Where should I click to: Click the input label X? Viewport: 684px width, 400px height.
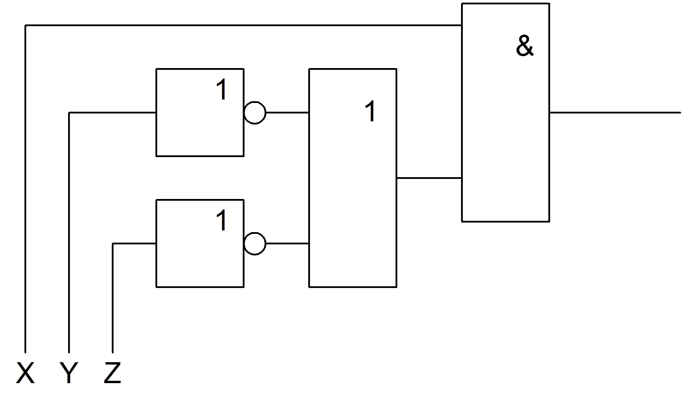(25, 373)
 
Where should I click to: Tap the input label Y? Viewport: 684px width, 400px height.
(69, 373)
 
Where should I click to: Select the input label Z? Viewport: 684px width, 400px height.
(112, 373)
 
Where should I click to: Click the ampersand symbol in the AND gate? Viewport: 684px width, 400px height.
(525, 46)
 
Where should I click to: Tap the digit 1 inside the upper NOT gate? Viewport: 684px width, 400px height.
(222, 90)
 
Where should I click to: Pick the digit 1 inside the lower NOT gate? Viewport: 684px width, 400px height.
(222, 221)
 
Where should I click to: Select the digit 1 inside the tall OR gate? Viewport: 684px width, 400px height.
(371, 111)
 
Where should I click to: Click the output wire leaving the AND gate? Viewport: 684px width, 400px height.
(615, 113)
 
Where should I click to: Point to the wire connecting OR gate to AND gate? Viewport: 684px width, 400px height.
(429, 178)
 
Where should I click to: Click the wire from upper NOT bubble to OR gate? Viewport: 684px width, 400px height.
(287, 113)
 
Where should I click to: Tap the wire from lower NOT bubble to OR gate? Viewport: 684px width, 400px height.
(287, 243)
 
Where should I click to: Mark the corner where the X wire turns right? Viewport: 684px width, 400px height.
(25, 25)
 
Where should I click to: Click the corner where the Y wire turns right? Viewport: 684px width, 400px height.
(69, 113)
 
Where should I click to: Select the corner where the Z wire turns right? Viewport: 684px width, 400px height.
(113, 243)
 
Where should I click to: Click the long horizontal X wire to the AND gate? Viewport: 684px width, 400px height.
(244, 25)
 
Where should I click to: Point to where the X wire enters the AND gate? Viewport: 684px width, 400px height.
(462, 25)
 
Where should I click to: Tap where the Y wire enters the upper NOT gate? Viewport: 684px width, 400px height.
(156, 113)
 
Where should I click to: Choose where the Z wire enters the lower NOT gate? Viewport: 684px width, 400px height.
(156, 243)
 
